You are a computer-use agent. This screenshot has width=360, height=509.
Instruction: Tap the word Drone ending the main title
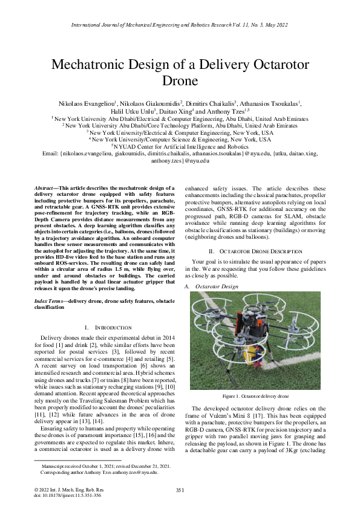180,80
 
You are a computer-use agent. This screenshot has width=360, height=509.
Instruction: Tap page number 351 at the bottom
180,490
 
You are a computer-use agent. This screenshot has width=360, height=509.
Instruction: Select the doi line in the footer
59,495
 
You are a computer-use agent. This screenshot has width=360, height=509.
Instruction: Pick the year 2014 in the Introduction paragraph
162,337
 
